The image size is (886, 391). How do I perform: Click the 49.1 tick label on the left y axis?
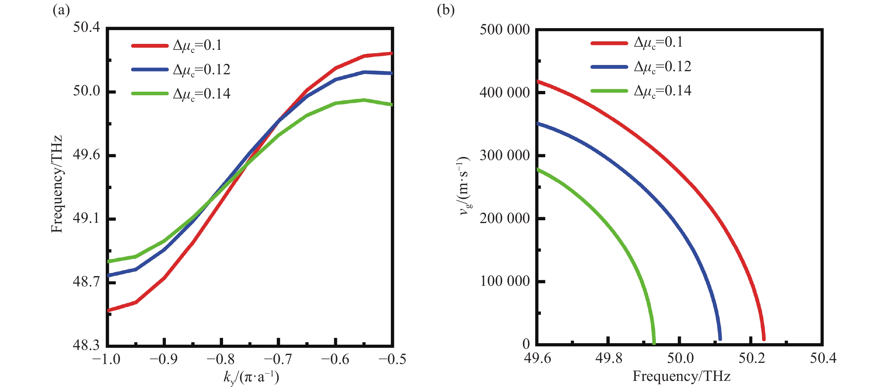point(86,218)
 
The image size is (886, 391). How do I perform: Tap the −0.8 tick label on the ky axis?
point(221,359)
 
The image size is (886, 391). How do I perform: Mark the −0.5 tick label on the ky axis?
point(392,359)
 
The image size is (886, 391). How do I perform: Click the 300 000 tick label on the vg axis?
point(505,156)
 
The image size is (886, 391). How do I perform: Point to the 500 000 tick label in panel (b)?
point(505,30)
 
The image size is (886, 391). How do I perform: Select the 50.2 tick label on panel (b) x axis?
point(752,358)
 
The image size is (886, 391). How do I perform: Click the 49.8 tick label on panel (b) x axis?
point(609,358)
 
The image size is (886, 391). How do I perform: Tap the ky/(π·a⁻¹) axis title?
point(251,377)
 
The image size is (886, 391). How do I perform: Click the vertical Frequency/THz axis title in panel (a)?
point(57,184)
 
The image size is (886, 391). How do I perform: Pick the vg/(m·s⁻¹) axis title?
point(465,186)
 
